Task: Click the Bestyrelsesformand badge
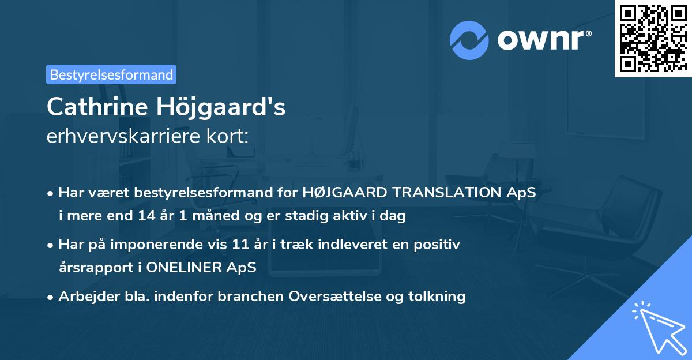pos(111,74)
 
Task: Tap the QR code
pos(653,38)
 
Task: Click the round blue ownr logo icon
pos(469,40)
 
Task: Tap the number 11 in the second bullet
pos(240,245)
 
